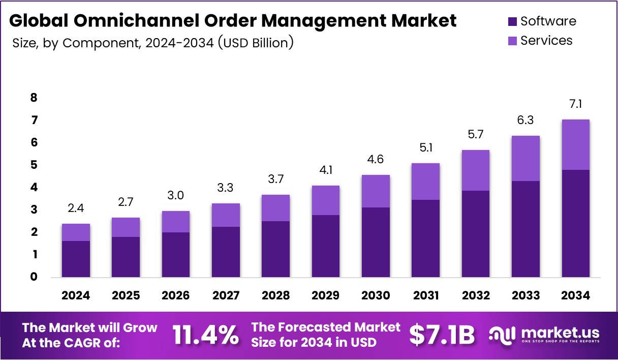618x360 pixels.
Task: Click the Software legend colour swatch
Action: (512, 21)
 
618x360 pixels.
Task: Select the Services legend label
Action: (546, 40)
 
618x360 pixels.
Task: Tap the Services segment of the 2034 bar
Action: (575, 145)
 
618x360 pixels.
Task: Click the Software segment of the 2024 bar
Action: (76, 259)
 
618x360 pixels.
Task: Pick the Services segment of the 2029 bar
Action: (326, 200)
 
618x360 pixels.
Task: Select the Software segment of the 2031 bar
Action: (425, 238)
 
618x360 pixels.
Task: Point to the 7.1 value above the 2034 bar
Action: (575, 104)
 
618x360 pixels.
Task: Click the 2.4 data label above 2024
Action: (76, 208)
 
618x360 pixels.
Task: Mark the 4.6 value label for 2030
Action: (376, 160)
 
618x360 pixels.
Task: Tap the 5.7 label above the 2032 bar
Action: (476, 135)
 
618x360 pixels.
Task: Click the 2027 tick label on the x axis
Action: (226, 295)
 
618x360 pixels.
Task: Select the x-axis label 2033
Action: (526, 295)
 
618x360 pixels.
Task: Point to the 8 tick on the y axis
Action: (34, 98)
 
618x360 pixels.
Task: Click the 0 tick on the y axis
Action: (34, 277)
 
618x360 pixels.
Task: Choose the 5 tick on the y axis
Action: (34, 165)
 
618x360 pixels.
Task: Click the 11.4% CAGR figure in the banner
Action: (205, 335)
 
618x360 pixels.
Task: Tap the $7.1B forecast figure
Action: (442, 335)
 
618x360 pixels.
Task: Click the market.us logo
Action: (544, 335)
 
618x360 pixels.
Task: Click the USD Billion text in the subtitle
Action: (255, 43)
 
